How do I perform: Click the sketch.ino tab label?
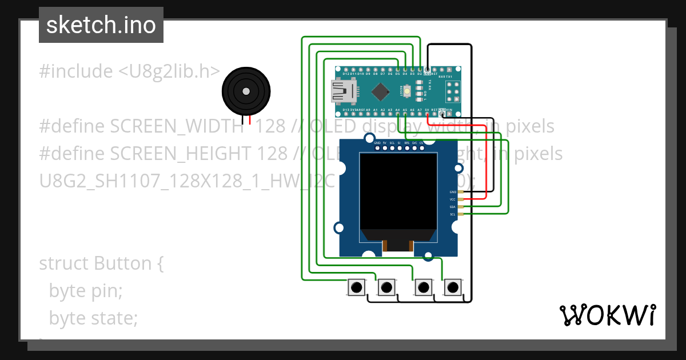101,25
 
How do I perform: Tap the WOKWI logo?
607,315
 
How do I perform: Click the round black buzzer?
246,91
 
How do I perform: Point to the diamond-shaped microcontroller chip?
380,91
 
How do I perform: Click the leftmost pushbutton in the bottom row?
356,287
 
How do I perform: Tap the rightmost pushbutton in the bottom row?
453,287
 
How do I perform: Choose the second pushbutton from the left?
387,287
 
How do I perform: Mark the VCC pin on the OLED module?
453,199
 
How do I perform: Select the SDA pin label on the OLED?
453,207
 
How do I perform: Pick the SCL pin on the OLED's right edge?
453,214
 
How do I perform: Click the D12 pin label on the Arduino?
346,74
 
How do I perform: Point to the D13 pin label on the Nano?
346,109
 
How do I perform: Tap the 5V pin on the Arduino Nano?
427,109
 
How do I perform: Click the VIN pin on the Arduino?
449,109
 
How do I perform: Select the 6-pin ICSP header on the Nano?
453,91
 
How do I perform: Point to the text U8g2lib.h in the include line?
169,71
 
